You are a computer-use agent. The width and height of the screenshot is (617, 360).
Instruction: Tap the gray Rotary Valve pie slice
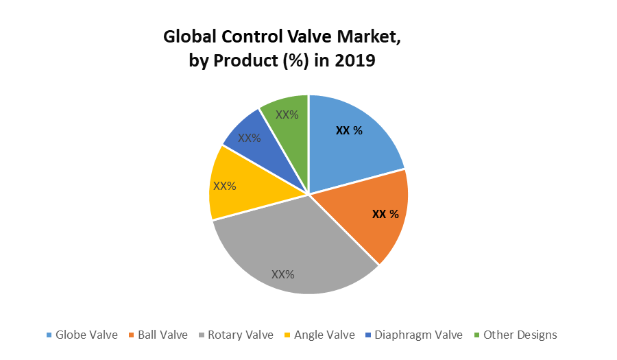click(x=288, y=254)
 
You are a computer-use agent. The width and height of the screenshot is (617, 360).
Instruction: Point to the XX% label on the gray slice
click(x=282, y=274)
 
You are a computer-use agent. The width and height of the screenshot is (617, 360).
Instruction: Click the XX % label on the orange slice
click(x=385, y=214)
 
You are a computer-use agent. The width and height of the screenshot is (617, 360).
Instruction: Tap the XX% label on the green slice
click(x=287, y=115)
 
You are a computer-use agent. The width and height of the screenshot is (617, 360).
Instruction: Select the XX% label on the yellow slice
click(x=225, y=186)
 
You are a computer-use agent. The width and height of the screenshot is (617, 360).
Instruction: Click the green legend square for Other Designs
click(x=477, y=335)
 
